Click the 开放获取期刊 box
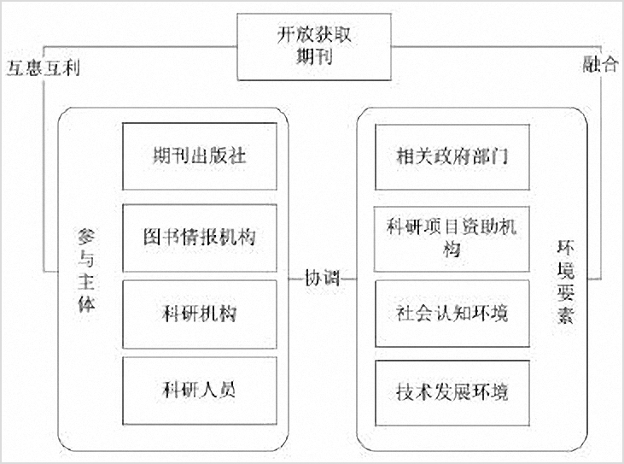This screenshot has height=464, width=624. (x=314, y=47)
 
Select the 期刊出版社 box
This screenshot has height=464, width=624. (x=200, y=156)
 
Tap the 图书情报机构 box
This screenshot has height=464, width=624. (x=200, y=238)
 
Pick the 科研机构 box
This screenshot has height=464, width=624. (x=200, y=314)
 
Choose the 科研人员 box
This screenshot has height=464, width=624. (x=200, y=391)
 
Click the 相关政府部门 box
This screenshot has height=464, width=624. (x=452, y=157)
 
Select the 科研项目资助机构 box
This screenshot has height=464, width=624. (x=452, y=239)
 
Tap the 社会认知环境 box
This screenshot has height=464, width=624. (x=452, y=314)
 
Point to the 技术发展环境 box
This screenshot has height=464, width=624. (x=452, y=393)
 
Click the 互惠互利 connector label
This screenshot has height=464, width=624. (x=44, y=68)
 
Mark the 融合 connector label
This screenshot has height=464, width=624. (x=600, y=64)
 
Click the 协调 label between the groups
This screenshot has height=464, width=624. (x=322, y=278)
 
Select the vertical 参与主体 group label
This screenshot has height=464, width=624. (x=86, y=270)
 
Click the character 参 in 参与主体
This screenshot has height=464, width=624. (x=86, y=238)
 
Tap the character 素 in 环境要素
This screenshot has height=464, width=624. (x=565, y=314)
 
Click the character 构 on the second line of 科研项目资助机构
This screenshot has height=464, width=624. (x=452, y=250)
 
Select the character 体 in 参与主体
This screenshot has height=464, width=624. (x=86, y=303)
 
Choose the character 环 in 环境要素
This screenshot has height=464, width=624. (x=565, y=249)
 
